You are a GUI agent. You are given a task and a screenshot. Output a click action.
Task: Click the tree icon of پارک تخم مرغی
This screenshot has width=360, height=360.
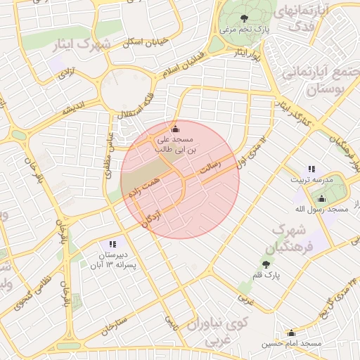point(244,18)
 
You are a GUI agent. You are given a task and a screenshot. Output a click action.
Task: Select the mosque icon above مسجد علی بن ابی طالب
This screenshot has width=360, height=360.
point(175,129)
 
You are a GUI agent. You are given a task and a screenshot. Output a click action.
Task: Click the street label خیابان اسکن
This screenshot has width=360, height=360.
point(145,42)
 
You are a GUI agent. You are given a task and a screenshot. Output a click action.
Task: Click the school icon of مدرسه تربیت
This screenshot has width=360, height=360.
point(311,169)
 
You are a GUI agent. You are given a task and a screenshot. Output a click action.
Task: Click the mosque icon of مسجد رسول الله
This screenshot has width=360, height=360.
point(321,198)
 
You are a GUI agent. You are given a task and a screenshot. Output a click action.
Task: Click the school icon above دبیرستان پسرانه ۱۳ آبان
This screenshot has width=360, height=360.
point(112,244)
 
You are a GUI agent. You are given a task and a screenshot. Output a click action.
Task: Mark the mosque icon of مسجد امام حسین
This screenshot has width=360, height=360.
point(291,333)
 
